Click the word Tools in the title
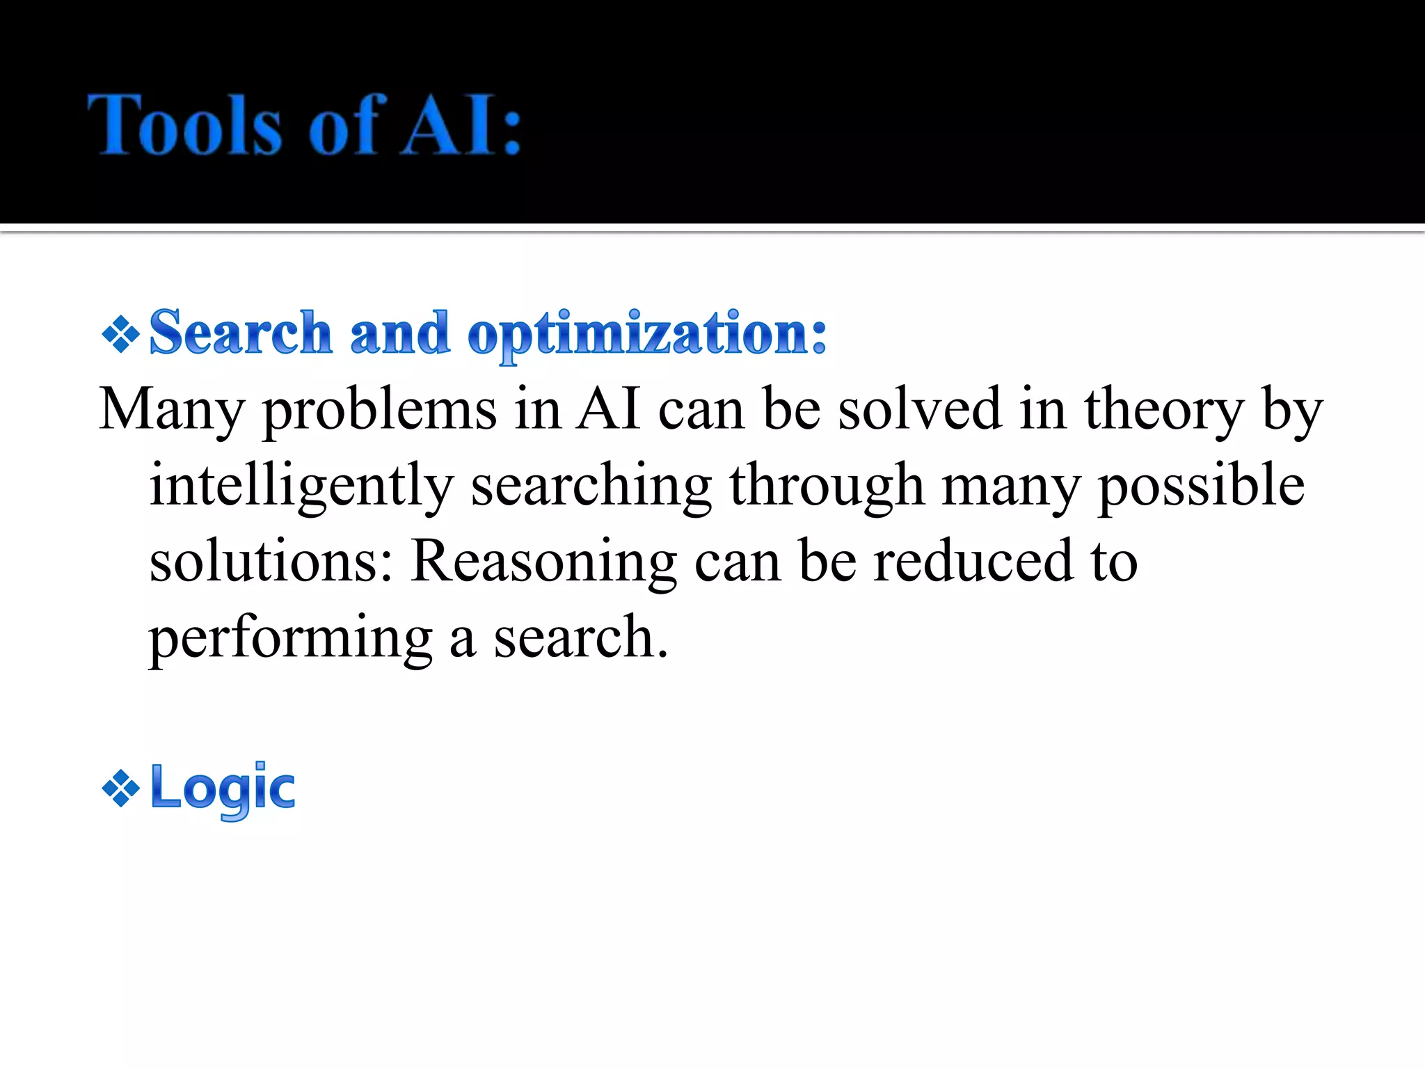(184, 125)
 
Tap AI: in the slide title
(461, 125)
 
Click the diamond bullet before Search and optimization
(121, 335)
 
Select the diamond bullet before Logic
(121, 789)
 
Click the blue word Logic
(223, 789)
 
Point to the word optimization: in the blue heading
(647, 335)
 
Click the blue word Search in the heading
(240, 333)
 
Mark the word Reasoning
(543, 562)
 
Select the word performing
(291, 638)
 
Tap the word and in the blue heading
(399, 333)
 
